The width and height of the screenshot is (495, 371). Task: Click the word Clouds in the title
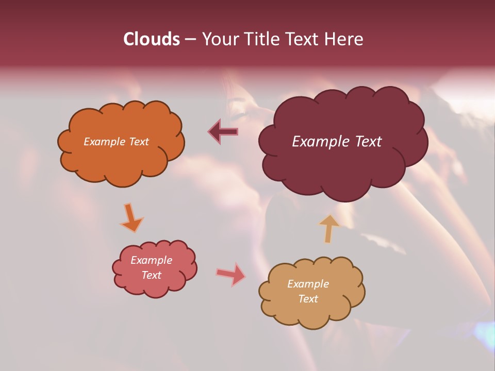152,39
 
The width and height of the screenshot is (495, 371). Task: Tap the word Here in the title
344,39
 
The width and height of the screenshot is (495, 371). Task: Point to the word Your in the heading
219,39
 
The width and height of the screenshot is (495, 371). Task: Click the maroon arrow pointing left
223,132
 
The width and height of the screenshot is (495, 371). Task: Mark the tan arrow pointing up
328,228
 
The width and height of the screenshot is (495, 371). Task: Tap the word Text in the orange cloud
139,142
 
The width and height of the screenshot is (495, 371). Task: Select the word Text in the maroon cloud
367,142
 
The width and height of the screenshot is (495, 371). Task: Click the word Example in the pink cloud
151,260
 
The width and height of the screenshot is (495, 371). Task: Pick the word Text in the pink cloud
152,275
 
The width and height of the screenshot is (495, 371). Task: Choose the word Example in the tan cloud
308,284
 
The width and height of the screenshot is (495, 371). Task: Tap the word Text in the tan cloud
308,299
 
